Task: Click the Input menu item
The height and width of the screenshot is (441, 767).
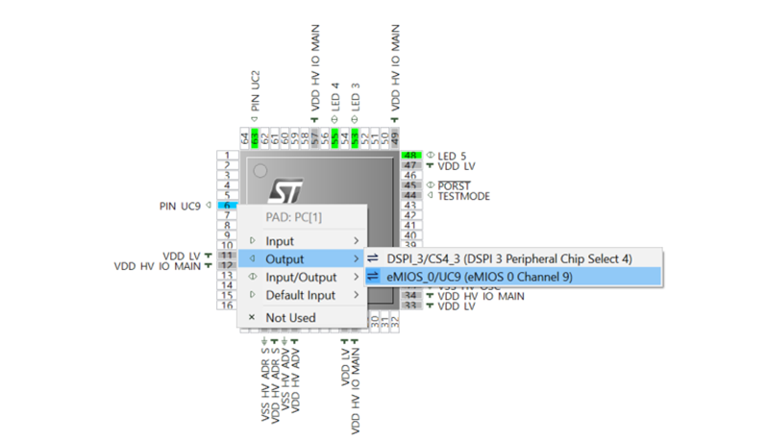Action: pos(281,241)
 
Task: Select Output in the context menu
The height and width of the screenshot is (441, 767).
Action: pos(285,259)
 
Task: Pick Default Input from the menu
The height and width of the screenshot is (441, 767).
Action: pos(300,295)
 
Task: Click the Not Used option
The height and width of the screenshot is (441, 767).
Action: pos(290,317)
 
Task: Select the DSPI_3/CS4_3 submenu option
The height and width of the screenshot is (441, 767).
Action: pos(509,259)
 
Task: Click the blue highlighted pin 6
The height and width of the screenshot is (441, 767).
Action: pos(226,206)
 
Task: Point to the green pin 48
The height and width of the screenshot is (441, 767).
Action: pos(411,156)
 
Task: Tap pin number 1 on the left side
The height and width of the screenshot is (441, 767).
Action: pos(226,156)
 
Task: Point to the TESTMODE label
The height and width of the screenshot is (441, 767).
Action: pos(463,196)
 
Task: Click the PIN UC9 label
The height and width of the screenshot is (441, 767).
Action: pos(181,206)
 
